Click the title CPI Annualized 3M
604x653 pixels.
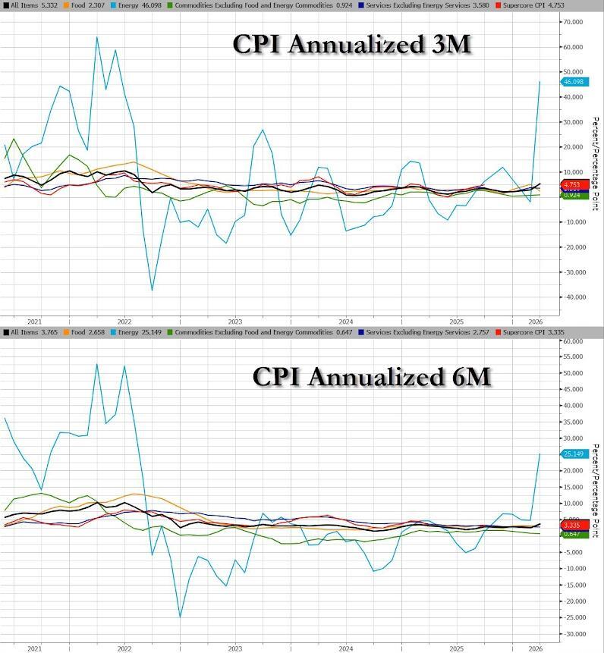(351, 45)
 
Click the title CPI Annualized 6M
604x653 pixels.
(371, 376)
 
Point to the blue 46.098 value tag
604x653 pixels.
(573, 81)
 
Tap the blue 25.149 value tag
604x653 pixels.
(573, 454)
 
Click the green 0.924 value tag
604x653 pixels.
(573, 195)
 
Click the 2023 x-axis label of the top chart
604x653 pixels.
(235, 321)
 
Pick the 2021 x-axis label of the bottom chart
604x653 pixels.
(34, 648)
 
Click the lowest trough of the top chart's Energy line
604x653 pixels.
(152, 290)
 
